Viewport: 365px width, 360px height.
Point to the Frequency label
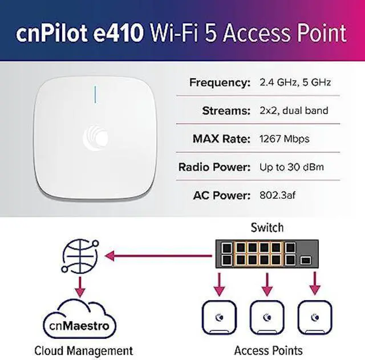click(220, 83)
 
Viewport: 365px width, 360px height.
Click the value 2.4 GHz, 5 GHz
click(295, 83)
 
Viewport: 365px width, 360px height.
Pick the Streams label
click(226, 111)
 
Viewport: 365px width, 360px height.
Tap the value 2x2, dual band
click(293, 111)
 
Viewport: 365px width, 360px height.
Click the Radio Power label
click(214, 167)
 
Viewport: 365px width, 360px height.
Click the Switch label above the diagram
click(267, 228)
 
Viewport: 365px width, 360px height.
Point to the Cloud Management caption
click(83, 350)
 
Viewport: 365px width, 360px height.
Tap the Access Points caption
click(268, 350)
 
